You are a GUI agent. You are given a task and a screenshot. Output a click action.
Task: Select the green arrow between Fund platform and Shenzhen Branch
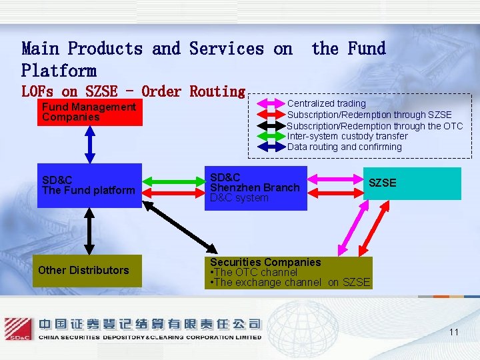[x=173, y=180]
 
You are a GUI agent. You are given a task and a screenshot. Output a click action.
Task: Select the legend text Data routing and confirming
[x=344, y=147]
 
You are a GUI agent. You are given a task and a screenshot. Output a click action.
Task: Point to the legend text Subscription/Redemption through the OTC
[x=374, y=126]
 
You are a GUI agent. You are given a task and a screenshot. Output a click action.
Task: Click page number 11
[x=453, y=332]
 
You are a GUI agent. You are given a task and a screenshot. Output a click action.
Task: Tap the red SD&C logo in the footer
[x=18, y=329]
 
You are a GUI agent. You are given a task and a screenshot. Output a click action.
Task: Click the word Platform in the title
[x=59, y=71]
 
